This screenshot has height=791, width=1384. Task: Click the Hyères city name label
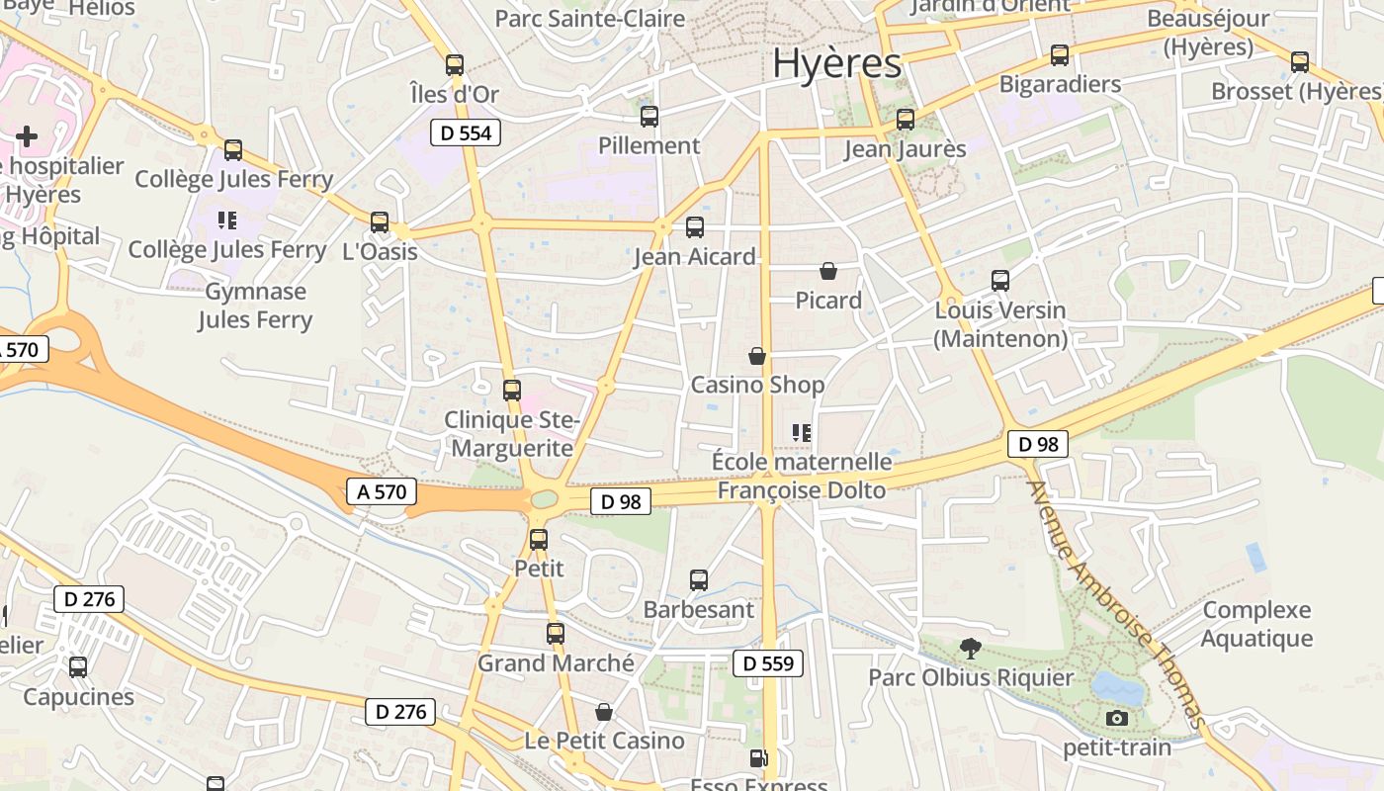(836, 63)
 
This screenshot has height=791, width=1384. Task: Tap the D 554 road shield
(465, 132)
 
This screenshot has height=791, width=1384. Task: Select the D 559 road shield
(768, 663)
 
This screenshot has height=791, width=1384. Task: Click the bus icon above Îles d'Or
(455, 65)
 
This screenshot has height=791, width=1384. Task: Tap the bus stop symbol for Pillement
(649, 117)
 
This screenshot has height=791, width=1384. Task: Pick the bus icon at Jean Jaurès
(906, 120)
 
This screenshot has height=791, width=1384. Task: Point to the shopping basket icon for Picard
(828, 271)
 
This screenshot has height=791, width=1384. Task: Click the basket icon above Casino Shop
(757, 356)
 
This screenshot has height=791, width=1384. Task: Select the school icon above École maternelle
(802, 432)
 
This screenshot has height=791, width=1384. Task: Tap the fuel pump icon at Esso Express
(758, 759)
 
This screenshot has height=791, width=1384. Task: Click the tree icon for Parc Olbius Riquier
(971, 649)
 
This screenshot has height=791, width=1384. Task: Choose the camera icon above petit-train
(1117, 718)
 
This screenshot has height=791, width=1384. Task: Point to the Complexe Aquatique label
(1256, 624)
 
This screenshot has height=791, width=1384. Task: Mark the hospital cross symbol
(27, 135)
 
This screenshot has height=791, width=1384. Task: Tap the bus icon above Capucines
(78, 667)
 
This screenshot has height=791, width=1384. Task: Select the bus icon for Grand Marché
(556, 634)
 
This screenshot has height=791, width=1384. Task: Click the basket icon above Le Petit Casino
(604, 712)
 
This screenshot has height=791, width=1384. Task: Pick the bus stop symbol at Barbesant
(699, 580)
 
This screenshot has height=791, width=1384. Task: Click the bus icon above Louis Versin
(1000, 281)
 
